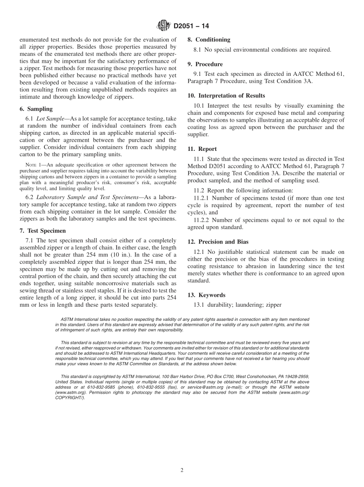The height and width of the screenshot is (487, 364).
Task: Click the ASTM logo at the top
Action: tap(164, 26)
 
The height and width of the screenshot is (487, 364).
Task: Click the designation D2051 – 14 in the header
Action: tap(191, 26)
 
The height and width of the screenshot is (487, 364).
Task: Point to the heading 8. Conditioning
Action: tap(209, 39)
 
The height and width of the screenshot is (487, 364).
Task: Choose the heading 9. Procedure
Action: tap(205, 64)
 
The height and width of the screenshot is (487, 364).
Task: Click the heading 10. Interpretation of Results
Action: tap(226, 96)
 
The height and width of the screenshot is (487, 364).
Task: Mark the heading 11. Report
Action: tap(202, 149)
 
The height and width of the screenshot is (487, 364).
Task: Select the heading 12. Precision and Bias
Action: tap(218, 242)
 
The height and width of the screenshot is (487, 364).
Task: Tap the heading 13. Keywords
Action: tap(206, 295)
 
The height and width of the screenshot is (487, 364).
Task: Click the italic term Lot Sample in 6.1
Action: tap(50, 119)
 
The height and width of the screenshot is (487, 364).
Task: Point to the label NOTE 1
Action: tap(33, 165)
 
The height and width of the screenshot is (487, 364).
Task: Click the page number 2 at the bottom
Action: tap(182, 471)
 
